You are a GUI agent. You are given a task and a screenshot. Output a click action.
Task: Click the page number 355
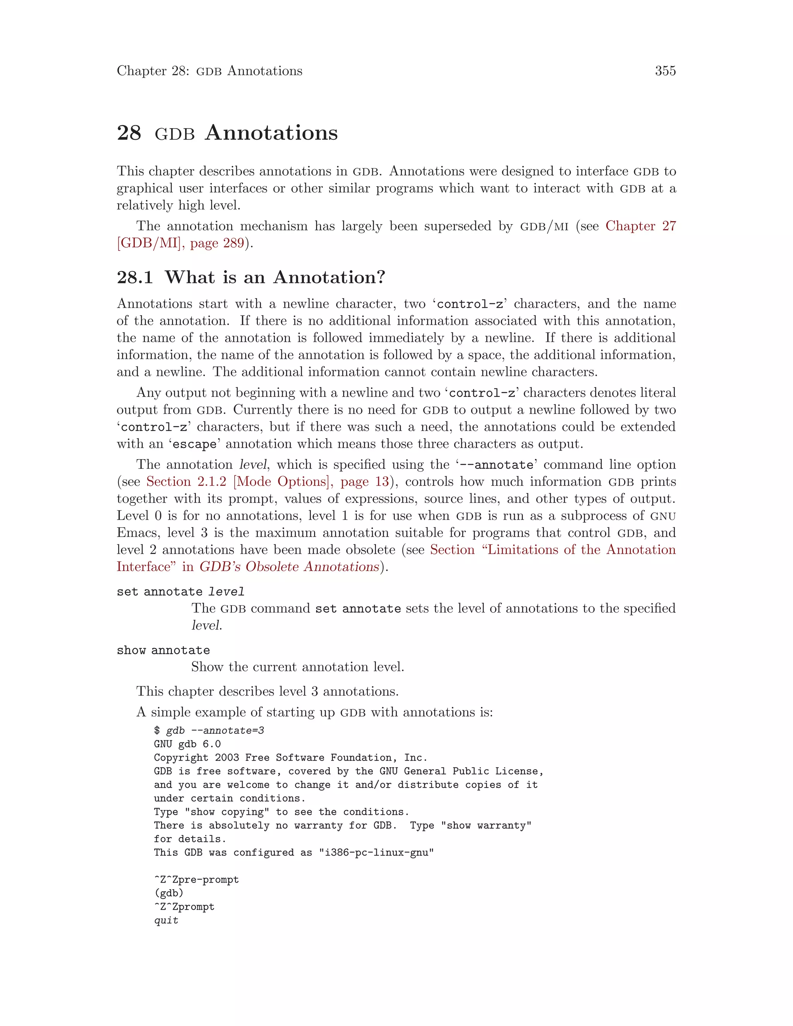pyautogui.click(x=665, y=71)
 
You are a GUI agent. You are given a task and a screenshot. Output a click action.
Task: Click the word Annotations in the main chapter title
pyautogui.click(x=271, y=133)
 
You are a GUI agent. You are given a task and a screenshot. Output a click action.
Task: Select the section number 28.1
pyautogui.click(x=135, y=277)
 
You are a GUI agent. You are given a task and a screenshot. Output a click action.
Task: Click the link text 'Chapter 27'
pyautogui.click(x=640, y=226)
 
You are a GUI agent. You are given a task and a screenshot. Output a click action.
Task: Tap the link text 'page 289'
pyautogui.click(x=217, y=244)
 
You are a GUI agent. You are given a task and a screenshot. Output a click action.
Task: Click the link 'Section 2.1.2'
pyautogui.click(x=186, y=482)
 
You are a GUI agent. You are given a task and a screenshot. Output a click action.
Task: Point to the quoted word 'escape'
pyautogui.click(x=194, y=444)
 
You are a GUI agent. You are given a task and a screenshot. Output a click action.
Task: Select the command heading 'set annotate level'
pyautogui.click(x=180, y=592)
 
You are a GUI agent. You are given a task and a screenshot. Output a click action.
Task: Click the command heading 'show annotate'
pyautogui.click(x=163, y=650)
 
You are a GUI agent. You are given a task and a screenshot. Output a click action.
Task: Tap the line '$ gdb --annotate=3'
pyautogui.click(x=209, y=731)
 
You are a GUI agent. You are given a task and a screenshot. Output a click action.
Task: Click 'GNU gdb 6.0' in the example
pyautogui.click(x=187, y=744)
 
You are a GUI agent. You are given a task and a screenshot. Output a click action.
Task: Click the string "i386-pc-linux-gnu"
pyautogui.click(x=376, y=853)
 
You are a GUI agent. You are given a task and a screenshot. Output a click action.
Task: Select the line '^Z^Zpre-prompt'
pyautogui.click(x=196, y=880)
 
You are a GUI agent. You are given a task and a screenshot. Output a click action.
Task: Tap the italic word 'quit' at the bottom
pyautogui.click(x=166, y=920)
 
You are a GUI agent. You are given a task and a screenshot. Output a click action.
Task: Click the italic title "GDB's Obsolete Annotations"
pyautogui.click(x=289, y=567)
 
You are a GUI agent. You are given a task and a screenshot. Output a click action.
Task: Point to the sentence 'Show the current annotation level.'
pyautogui.click(x=297, y=667)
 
